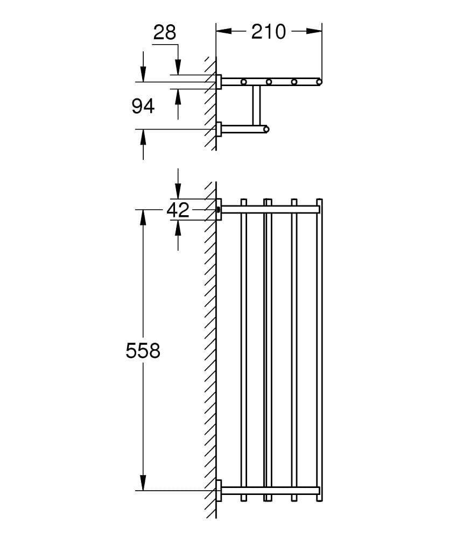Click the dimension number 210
click(x=269, y=32)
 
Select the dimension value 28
click(x=164, y=33)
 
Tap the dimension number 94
click(x=143, y=107)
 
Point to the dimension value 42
click(x=178, y=210)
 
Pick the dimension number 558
click(x=143, y=351)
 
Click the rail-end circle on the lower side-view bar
click(x=266, y=129)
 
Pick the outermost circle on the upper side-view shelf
click(x=319, y=82)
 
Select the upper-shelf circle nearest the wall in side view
click(x=244, y=82)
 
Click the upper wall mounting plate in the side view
click(x=219, y=82)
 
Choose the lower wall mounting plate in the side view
click(x=219, y=129)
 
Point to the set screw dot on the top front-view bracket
click(x=218, y=209)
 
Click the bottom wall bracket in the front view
click(x=219, y=490)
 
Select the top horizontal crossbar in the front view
click(x=269, y=209)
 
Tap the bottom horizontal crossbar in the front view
click(x=269, y=490)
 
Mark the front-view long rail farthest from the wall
click(x=319, y=350)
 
